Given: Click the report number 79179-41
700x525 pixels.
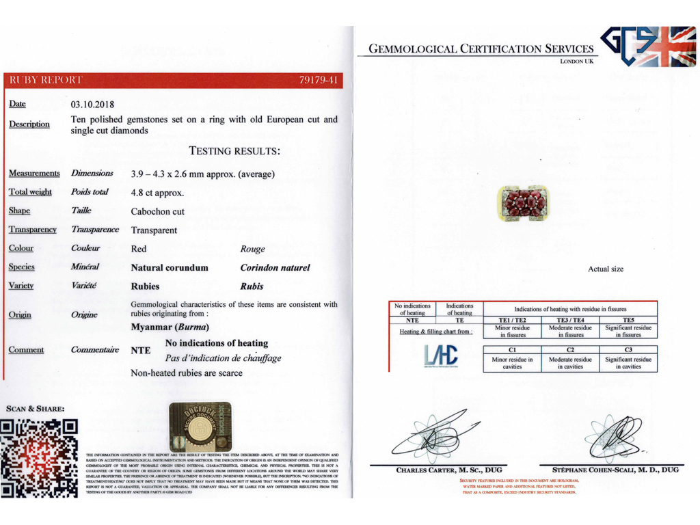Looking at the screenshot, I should pyautogui.click(x=319, y=80).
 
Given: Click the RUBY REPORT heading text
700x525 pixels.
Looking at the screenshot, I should pyautogui.click(x=45, y=80).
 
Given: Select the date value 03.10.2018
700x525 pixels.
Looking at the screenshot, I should pyautogui.click(x=92, y=105).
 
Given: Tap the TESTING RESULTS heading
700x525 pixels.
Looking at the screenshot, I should pyautogui.click(x=234, y=151).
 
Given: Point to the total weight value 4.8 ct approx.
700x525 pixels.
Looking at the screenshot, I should pyautogui.click(x=157, y=193).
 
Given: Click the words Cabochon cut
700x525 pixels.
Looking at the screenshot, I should pyautogui.click(x=157, y=211).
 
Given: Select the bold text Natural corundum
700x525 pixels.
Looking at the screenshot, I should pyautogui.click(x=170, y=268).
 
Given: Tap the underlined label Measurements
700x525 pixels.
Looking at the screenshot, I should pyautogui.click(x=34, y=174).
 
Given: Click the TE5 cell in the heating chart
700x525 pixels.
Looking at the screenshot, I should pyautogui.click(x=628, y=320).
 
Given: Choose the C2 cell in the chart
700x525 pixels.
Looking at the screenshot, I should pyautogui.click(x=570, y=350).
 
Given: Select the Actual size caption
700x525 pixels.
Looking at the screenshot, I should pyautogui.click(x=606, y=269).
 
